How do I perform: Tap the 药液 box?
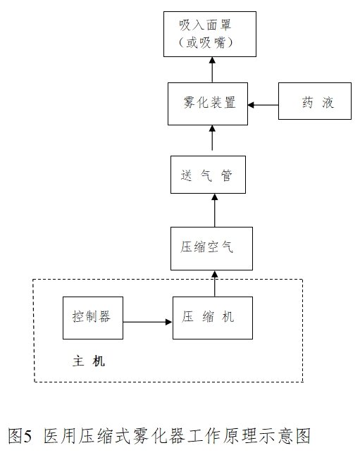[x=314, y=104]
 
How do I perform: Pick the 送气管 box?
[x=208, y=175]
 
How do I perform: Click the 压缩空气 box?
[x=211, y=248]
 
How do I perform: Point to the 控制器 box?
[x=92, y=318]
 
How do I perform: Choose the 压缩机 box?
[x=212, y=318]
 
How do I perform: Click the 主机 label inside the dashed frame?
[x=89, y=361]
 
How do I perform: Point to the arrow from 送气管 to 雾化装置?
[x=212, y=139]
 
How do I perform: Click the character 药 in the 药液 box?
[x=307, y=104]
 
